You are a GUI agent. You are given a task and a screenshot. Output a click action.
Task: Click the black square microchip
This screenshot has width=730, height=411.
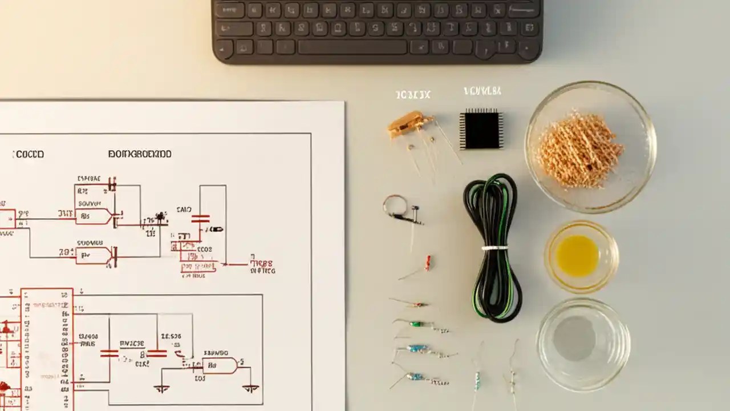tap(481, 129)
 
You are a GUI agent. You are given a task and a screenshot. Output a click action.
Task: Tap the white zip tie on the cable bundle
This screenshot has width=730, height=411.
tap(494, 248)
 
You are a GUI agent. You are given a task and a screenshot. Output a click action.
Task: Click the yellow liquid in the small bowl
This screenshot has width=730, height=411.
tap(577, 256)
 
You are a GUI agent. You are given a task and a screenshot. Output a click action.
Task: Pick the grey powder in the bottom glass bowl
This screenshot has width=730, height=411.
tap(574, 338)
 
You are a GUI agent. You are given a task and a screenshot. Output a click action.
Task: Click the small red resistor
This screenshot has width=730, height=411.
tap(427, 263)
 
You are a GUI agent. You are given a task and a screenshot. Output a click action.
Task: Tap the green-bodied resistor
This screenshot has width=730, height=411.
tap(416, 324)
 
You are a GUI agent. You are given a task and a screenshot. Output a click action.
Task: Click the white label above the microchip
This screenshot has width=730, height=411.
tap(482, 91)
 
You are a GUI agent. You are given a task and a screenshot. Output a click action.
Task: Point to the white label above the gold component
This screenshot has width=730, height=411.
tap(412, 95)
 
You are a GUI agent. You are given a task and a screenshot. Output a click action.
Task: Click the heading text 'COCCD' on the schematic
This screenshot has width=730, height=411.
tap(29, 154)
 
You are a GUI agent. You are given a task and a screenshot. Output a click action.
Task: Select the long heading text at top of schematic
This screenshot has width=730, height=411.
tap(140, 154)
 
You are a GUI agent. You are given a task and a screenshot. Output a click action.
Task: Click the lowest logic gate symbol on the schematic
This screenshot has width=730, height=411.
tap(220, 365)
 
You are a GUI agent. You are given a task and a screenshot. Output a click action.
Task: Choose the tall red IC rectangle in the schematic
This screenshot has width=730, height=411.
tap(47, 348)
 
